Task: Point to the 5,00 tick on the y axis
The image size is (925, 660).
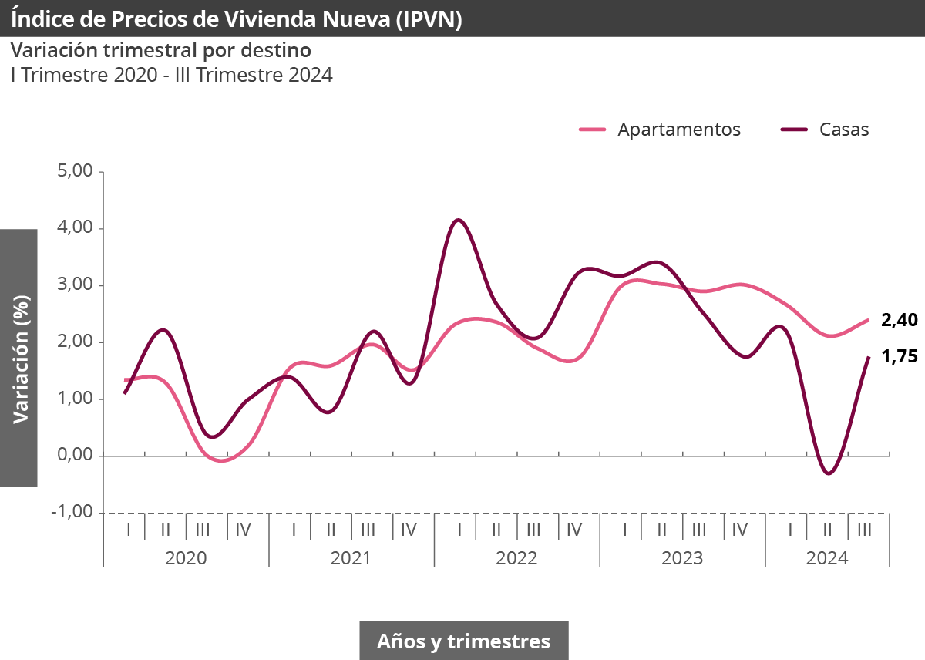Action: tap(75, 171)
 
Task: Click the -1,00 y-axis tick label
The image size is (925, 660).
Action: tap(72, 513)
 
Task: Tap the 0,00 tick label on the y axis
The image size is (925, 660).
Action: tap(75, 456)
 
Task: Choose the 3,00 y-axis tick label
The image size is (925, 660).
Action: tap(75, 285)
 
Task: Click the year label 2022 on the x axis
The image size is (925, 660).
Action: tap(516, 558)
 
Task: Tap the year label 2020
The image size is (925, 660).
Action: tap(186, 558)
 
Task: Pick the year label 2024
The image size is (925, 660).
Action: tap(827, 558)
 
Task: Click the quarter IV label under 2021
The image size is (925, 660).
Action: tap(409, 530)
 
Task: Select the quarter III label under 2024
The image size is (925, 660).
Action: tap(864, 530)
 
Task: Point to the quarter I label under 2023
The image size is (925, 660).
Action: tap(625, 530)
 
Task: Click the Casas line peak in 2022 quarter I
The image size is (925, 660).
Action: tap(459, 221)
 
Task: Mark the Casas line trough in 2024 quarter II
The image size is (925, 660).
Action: tap(828, 473)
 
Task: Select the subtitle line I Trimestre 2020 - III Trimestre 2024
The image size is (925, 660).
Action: tap(171, 76)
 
